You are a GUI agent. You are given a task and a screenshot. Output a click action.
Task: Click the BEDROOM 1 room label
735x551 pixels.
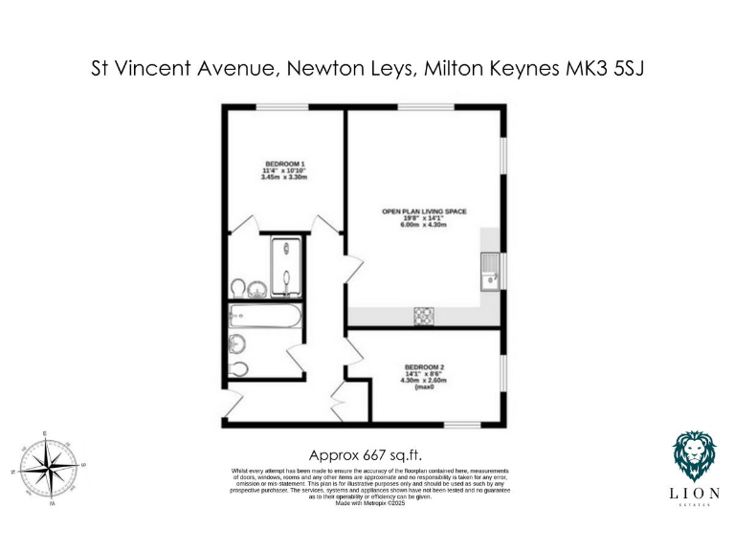click(284, 164)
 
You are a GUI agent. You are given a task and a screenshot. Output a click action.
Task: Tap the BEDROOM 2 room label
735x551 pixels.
click(424, 367)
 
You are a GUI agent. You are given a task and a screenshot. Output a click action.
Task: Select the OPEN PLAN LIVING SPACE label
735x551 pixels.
click(424, 210)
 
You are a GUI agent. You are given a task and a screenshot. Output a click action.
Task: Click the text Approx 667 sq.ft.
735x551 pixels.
click(367, 455)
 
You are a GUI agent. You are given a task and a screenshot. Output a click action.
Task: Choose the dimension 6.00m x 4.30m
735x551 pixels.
click(424, 224)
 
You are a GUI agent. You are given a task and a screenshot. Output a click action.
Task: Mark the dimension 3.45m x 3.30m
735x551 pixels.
click(284, 177)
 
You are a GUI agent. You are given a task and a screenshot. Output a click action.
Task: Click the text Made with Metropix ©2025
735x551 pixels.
click(370, 503)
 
